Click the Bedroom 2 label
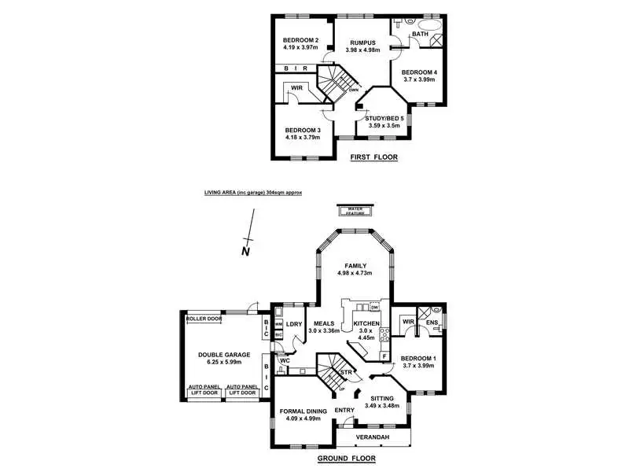300,41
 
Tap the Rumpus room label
362,42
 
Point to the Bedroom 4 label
421,72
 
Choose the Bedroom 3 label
303,130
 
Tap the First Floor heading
373,157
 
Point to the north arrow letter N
245,252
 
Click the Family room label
353,265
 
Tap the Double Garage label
223,355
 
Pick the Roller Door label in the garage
204,319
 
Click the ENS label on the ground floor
432,322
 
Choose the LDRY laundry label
295,323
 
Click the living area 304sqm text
253,192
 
